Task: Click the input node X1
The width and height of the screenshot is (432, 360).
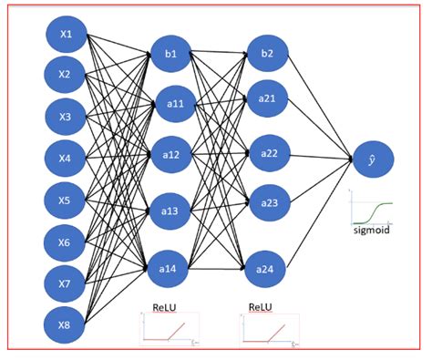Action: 67,36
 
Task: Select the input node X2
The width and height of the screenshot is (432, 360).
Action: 67,76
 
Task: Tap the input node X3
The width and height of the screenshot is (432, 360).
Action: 67,117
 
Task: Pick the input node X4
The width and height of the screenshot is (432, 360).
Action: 67,159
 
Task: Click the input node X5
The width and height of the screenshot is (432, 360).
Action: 67,200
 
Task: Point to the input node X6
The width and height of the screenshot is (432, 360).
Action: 67,242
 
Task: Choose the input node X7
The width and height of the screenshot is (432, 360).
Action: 67,283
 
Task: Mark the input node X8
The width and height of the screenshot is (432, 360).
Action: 67,324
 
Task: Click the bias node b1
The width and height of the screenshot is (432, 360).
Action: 170,54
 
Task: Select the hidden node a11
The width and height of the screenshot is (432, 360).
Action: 170,104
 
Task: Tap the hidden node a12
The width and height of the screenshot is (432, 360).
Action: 170,156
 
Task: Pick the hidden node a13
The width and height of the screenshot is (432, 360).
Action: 170,211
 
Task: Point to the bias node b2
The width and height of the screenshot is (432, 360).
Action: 267,54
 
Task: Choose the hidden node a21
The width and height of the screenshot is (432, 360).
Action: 267,98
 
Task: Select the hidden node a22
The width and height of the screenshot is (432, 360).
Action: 269,153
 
